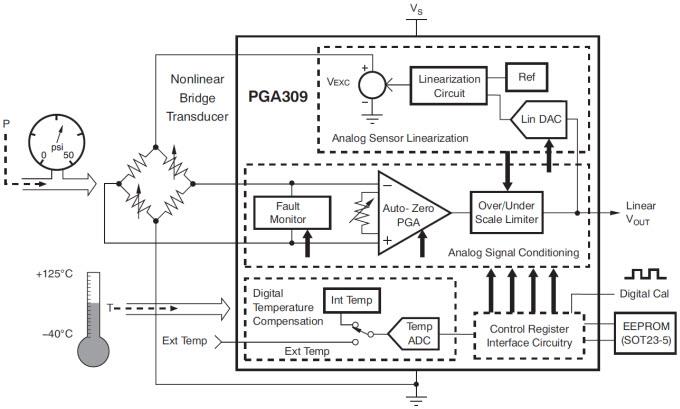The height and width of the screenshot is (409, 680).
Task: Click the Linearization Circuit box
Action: pyautogui.click(x=450, y=85)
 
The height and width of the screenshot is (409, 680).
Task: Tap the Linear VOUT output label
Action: pyautogui.click(x=642, y=213)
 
